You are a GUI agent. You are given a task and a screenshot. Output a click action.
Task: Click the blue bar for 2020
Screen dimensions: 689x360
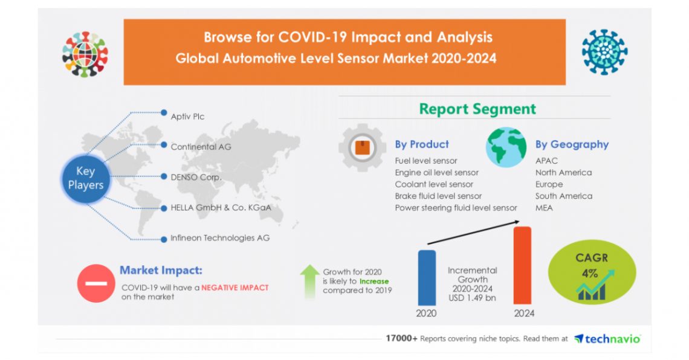pyautogui.click(x=426, y=278)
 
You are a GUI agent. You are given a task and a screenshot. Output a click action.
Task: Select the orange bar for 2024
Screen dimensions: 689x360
pyautogui.click(x=522, y=265)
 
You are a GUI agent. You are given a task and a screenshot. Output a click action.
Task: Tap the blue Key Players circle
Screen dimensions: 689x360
pyautogui.click(x=86, y=178)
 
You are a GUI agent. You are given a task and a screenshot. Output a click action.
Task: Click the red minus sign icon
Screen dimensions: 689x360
pyautogui.click(x=96, y=283)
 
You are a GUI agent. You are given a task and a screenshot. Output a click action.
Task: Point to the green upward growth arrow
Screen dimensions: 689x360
pyautogui.click(x=310, y=281)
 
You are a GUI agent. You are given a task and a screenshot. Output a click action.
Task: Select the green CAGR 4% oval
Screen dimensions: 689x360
pyautogui.click(x=592, y=272)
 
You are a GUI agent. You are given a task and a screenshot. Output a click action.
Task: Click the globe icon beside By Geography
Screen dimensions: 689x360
pyautogui.click(x=506, y=147)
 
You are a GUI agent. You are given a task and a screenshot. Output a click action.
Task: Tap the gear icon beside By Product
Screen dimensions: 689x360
pyautogui.click(x=362, y=147)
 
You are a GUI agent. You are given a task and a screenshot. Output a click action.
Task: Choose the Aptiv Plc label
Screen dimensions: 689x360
pyautogui.click(x=187, y=117)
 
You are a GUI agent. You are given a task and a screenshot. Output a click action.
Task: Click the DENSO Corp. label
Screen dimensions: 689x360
pyautogui.click(x=196, y=178)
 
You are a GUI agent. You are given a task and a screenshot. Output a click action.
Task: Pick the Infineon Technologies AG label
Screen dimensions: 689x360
pyautogui.click(x=220, y=238)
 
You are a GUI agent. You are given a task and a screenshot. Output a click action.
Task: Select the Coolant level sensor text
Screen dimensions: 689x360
pyautogui.click(x=434, y=184)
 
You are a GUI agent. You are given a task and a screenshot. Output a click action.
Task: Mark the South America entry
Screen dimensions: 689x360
pyautogui.click(x=564, y=196)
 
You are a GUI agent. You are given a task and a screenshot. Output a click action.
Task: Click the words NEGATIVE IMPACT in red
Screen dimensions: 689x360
pyautogui.click(x=235, y=288)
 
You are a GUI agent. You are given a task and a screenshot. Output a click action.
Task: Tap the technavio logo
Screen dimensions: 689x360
pyautogui.click(x=607, y=339)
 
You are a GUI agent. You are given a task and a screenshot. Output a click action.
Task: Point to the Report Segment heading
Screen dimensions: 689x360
pyautogui.click(x=477, y=109)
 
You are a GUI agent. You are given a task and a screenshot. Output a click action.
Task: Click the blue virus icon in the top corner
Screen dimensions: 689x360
pyautogui.click(x=604, y=52)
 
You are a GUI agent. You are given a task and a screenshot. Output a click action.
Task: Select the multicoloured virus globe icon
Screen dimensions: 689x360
pyautogui.click(x=85, y=54)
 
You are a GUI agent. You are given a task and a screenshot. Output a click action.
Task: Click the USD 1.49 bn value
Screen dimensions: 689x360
pyautogui.click(x=473, y=298)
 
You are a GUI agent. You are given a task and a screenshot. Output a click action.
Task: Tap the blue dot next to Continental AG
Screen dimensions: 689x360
pyautogui.click(x=164, y=145)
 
